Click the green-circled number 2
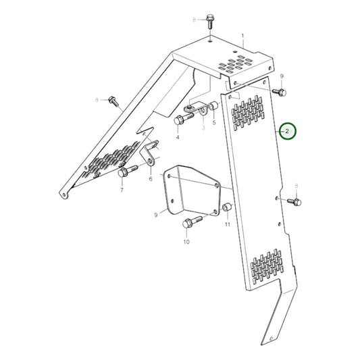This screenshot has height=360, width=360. click(288, 132)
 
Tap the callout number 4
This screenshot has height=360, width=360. click(178, 137)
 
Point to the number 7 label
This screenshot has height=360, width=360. click(122, 191)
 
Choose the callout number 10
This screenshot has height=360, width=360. click(186, 240)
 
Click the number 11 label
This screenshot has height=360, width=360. click(227, 224)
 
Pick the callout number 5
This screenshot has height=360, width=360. click(215, 124)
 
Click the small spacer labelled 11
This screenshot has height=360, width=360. click(227, 206)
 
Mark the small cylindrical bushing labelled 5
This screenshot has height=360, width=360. click(213, 109)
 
